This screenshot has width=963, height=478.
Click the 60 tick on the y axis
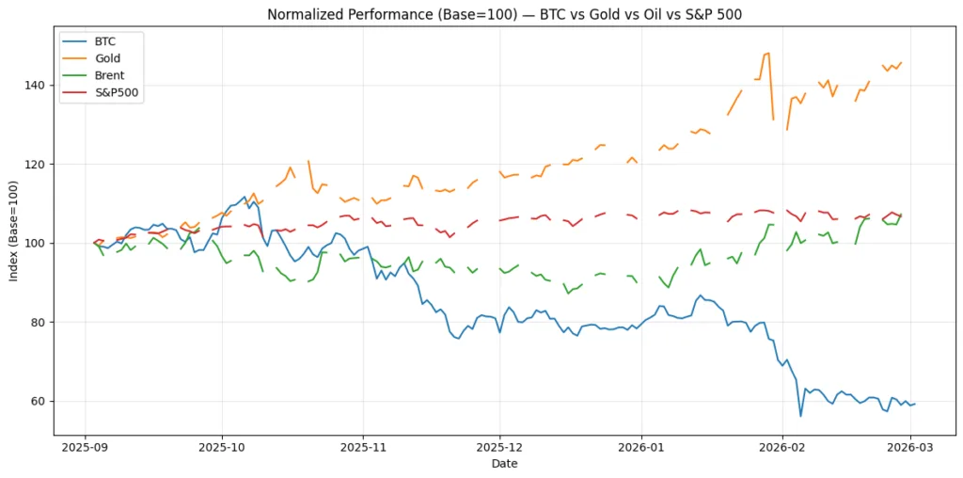38,401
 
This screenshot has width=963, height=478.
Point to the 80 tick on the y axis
38,322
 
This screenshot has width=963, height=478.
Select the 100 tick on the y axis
35,243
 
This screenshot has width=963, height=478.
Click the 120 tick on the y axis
35,164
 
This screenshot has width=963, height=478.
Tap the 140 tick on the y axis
35,85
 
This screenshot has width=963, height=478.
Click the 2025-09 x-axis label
85,447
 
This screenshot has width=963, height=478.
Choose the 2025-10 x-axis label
222,447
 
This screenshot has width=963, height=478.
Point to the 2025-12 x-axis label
500,447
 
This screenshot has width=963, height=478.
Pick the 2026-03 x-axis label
910,447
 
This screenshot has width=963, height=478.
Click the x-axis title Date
504,464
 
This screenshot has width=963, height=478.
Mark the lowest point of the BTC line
800,416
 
